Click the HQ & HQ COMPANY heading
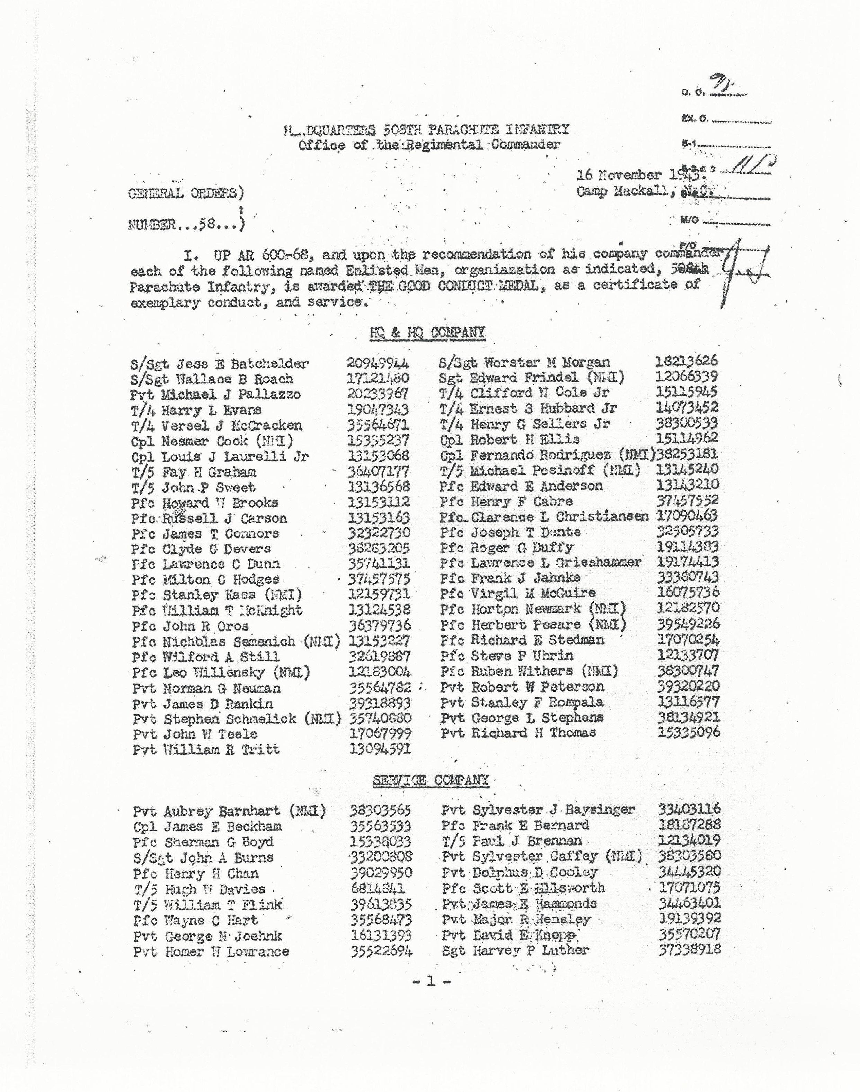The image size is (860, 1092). point(427,333)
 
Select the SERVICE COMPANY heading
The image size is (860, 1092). point(431,780)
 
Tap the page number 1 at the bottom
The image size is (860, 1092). point(430,981)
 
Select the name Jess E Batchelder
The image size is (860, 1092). point(234,364)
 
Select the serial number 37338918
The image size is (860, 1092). point(689,949)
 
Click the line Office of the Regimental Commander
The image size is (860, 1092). point(429,145)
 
